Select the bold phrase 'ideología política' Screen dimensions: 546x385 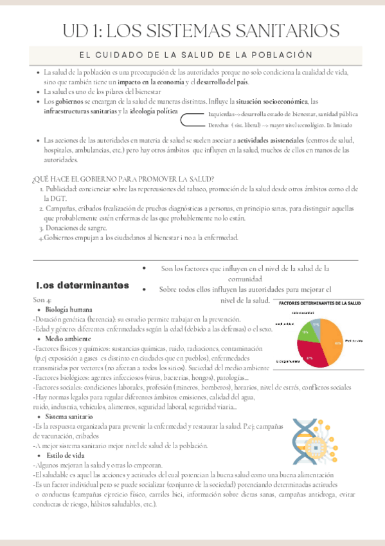tap(154, 111)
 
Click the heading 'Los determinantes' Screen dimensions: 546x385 tap(82, 285)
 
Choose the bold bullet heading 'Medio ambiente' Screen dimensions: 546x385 tap(67, 338)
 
